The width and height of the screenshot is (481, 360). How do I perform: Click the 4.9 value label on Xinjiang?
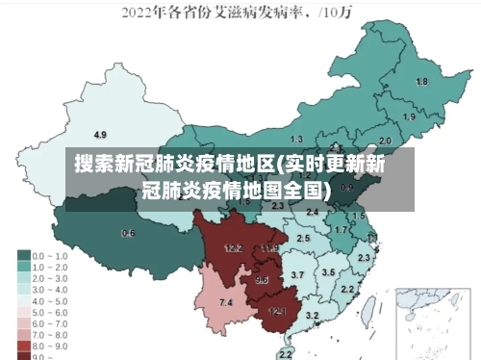pos(100,134)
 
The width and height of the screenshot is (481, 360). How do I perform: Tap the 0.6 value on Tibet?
pos(128,233)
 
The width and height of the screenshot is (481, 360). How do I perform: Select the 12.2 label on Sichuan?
pos(233,247)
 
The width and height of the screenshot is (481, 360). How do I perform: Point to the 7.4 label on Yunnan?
pos(226,303)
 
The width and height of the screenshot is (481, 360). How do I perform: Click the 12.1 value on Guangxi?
pos(277,311)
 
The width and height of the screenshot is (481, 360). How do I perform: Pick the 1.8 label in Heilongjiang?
pos(421,82)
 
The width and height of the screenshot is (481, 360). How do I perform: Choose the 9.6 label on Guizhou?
pos(262,280)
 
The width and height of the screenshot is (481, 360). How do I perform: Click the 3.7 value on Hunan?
pos(297,275)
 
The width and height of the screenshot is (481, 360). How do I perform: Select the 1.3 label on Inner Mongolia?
pos(296,140)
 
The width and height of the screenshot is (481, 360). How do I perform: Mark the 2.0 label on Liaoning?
pos(385,140)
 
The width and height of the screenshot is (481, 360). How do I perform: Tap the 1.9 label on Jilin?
pos(409,116)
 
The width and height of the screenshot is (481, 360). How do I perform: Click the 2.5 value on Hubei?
pos(303,238)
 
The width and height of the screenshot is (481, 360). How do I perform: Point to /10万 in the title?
pos(340,13)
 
